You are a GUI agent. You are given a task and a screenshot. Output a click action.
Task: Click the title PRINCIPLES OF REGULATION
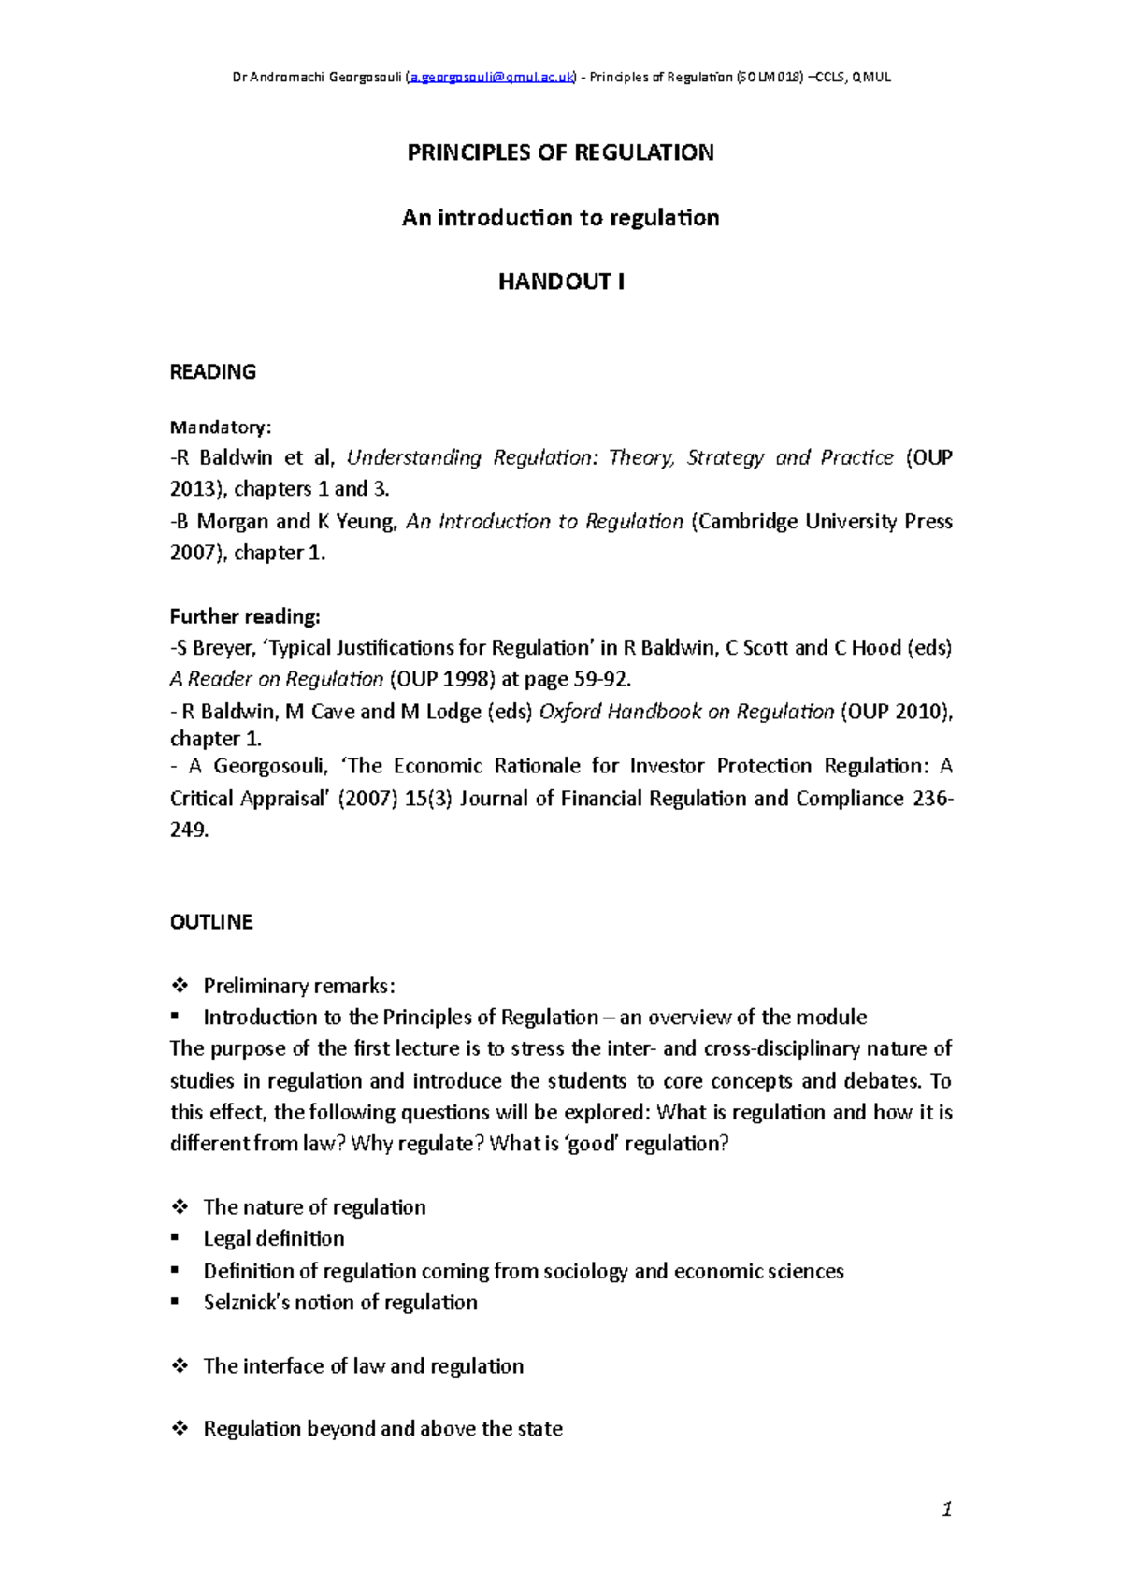560,153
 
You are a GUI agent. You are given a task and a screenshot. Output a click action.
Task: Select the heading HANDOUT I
560,282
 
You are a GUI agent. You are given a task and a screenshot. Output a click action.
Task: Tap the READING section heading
212,372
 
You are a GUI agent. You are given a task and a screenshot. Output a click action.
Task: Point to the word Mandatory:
220,427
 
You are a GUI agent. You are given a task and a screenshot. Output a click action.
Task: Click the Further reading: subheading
244,617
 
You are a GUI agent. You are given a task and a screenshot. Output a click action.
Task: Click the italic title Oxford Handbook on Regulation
686,712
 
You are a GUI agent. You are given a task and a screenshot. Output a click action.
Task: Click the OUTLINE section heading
211,922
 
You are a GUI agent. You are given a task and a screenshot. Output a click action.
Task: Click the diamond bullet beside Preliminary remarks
180,986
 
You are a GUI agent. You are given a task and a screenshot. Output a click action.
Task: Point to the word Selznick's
246,1303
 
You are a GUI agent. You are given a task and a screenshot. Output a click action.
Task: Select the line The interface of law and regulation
363,1366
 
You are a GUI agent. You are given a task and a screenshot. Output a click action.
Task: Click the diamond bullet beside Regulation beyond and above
180,1429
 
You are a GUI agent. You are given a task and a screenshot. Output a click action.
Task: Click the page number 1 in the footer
946,1509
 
